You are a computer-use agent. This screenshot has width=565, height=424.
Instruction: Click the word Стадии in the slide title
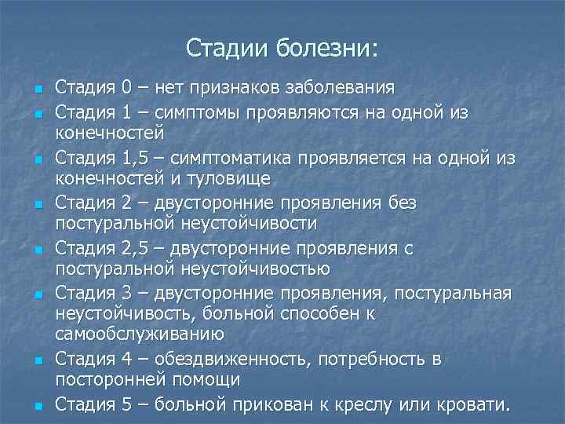click(228, 49)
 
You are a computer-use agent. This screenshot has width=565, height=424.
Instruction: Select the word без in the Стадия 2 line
click(402, 204)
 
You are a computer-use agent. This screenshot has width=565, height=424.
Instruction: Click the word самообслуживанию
click(140, 333)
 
